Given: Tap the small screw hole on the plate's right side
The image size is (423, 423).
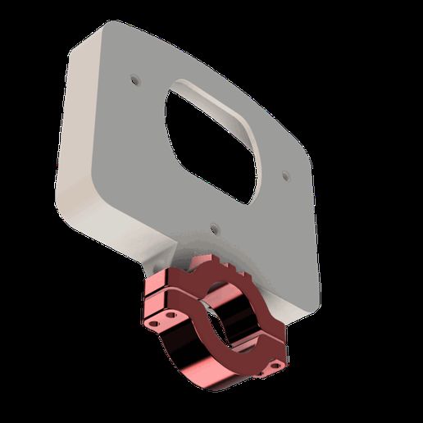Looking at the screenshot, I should (x=284, y=175).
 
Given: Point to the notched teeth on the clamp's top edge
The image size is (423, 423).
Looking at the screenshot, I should (x=220, y=266).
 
